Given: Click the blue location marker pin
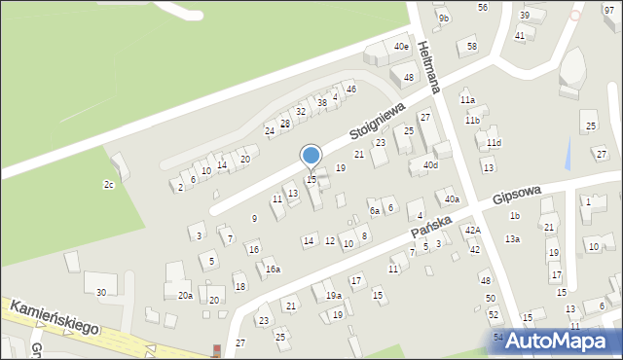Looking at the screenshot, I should (x=311, y=156).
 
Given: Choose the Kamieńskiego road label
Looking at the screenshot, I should (x=55, y=317).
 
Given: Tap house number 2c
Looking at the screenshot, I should (x=109, y=184).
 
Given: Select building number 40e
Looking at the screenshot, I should (x=401, y=47).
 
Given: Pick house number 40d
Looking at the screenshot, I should (x=430, y=164).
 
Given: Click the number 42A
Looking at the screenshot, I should (x=472, y=230).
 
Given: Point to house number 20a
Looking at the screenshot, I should (x=185, y=295).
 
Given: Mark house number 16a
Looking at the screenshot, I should (x=274, y=270).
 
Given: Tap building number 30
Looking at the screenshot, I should (x=100, y=292).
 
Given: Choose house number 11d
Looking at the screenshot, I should (x=495, y=143).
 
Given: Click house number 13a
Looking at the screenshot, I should (x=512, y=238).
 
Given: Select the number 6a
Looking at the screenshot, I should (x=374, y=210).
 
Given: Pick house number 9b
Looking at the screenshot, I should (x=444, y=18).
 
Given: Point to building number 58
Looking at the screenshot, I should (x=472, y=46).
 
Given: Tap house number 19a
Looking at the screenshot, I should (x=333, y=295).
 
